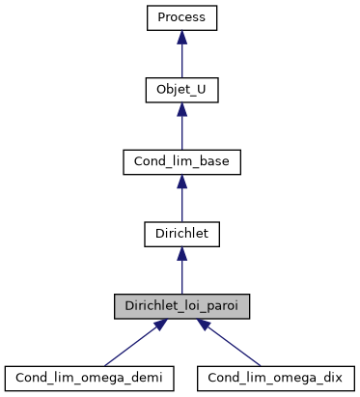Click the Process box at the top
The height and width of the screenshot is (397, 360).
pos(180,17)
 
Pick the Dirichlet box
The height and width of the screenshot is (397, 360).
pos(180,233)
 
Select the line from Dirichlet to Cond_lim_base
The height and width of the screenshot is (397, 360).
pos(180,204)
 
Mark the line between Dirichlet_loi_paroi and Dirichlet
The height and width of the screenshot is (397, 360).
pos(180,276)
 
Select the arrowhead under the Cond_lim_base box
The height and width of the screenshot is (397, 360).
pos(180,181)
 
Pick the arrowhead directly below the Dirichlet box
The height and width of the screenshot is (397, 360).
pos(180,252)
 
